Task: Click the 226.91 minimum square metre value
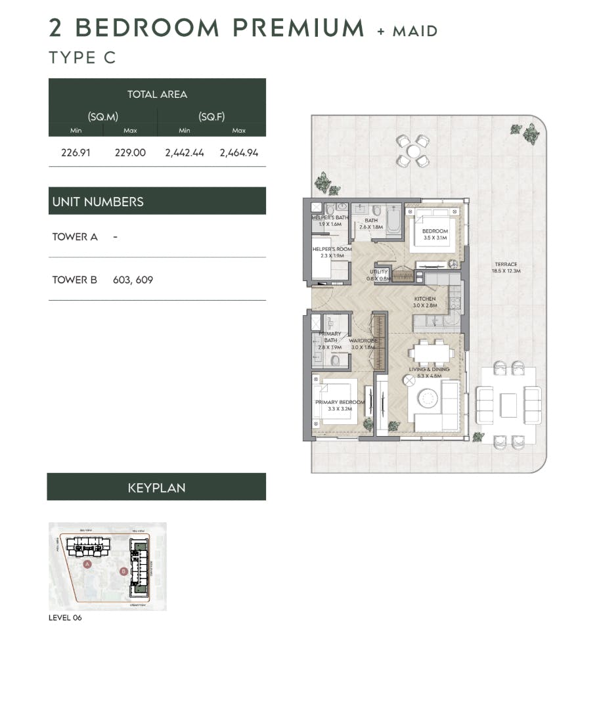76,152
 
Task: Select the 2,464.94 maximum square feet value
239,152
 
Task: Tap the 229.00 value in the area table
130,152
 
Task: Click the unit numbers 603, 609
133,280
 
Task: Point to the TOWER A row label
75,236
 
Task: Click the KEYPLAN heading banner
156,487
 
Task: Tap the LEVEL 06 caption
66,618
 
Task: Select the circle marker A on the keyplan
87,563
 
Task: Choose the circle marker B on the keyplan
123,571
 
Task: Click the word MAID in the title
415,30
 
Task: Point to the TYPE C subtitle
82,57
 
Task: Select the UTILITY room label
379,272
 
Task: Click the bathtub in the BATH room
394,220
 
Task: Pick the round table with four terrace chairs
413,151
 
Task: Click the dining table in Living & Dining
431,353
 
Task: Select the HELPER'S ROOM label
332,250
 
